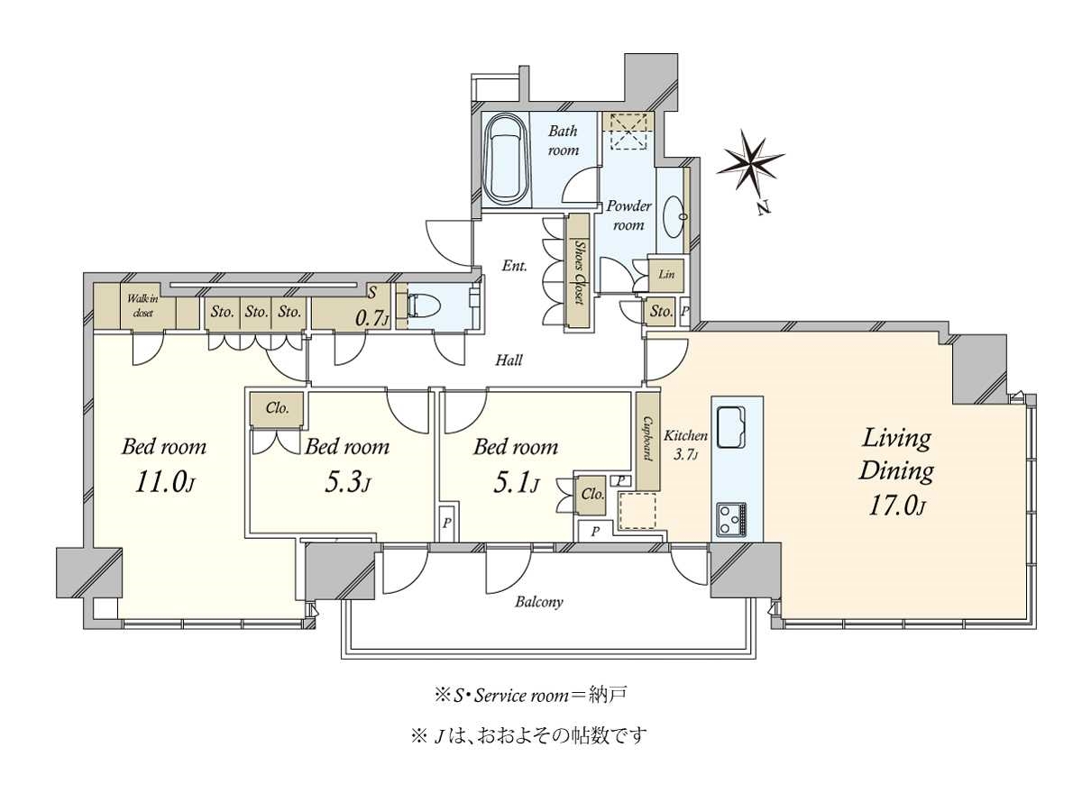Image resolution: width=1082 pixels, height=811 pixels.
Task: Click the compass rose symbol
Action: pos(750,163)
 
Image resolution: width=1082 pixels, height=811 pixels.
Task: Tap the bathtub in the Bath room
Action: pos(506,159)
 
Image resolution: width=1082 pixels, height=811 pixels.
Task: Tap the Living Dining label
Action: pos(896,454)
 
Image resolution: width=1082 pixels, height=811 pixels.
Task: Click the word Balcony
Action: pos(539,602)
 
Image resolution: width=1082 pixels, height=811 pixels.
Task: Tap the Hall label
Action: pos(509,360)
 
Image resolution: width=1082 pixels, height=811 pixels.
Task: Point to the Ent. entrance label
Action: pos(515,266)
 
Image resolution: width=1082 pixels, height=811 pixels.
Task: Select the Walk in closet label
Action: pos(142,305)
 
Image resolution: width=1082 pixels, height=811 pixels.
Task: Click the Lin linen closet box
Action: pos(666,274)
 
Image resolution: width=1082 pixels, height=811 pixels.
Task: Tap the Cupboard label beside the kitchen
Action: pos(647,438)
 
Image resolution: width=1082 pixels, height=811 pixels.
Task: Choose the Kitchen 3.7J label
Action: pos(685,444)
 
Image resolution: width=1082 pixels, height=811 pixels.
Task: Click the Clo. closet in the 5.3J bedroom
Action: pos(277,408)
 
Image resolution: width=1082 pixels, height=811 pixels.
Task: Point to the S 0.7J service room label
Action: pos(372,306)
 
